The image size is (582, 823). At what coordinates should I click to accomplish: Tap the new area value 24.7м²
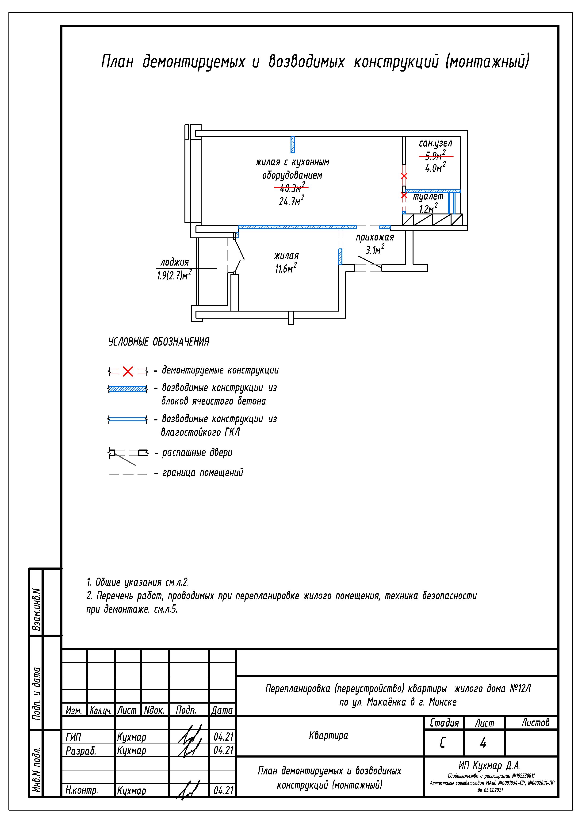click(291, 201)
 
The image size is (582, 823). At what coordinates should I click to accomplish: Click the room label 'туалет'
click(428, 196)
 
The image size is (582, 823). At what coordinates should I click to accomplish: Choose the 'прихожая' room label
click(375, 237)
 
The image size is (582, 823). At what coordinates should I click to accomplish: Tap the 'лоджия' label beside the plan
click(175, 262)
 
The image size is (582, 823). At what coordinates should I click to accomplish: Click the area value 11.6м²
click(285, 268)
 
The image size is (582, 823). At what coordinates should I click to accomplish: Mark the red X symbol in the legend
click(128, 371)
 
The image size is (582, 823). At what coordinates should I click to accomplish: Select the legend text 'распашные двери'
click(197, 453)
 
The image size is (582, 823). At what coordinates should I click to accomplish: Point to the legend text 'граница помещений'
click(203, 473)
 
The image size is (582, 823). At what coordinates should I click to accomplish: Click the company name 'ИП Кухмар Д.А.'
click(490, 766)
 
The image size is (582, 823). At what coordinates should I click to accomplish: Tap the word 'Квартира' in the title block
click(329, 735)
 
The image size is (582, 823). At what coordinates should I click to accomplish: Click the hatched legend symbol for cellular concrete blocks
click(128, 389)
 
